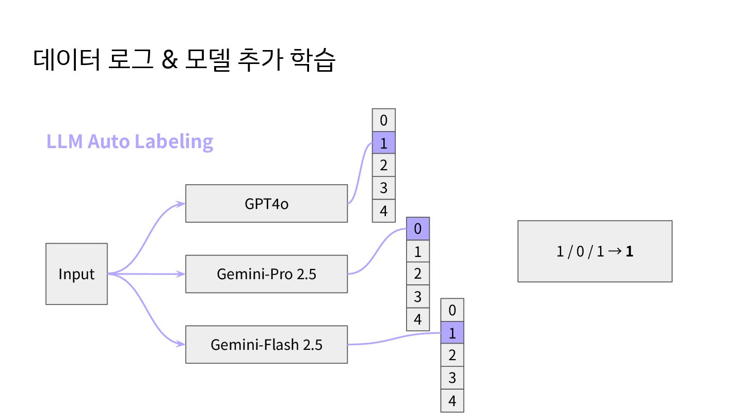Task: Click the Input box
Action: [76, 274]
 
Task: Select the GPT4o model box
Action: [266, 203]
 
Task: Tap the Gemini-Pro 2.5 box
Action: [266, 274]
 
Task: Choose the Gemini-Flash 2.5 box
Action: [266, 344]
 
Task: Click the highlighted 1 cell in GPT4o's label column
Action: [383, 143]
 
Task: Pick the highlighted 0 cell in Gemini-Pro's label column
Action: [418, 229]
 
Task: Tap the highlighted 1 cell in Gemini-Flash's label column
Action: [452, 333]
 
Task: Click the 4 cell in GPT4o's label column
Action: [383, 211]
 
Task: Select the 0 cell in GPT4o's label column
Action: [383, 120]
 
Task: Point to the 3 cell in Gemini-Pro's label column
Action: [418, 297]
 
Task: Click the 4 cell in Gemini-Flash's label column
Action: [452, 401]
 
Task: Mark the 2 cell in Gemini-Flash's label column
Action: [452, 356]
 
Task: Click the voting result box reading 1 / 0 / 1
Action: [595, 251]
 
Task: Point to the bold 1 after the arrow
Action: [629, 252]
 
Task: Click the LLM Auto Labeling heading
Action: [130, 141]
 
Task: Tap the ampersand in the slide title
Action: [169, 60]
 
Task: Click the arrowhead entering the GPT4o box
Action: [181, 203]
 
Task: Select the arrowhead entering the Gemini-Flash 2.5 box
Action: [181, 344]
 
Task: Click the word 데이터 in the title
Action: [66, 60]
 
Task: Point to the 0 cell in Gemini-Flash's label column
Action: [452, 310]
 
